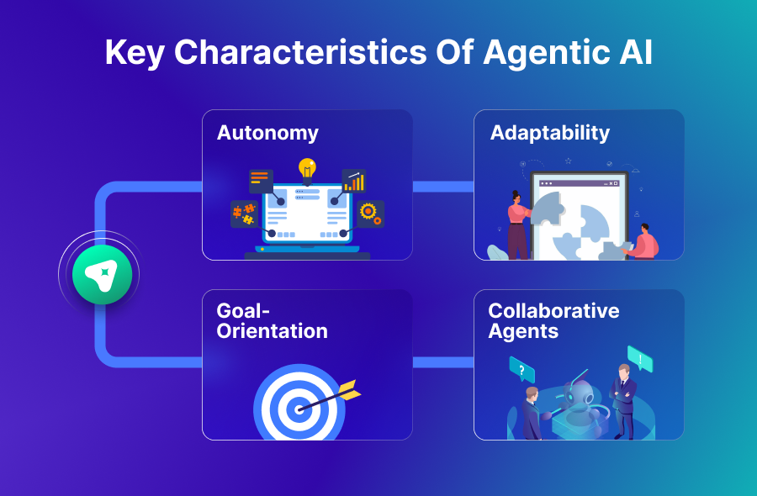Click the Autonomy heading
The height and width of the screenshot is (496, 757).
(x=267, y=133)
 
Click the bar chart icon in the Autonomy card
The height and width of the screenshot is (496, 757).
(x=354, y=181)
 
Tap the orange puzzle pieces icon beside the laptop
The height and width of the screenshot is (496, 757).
(x=244, y=214)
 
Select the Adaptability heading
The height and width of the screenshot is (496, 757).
(x=549, y=133)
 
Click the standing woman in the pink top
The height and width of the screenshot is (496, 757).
(x=517, y=222)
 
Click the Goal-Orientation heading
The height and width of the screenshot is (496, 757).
(x=272, y=320)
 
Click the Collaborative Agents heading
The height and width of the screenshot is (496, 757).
(x=553, y=320)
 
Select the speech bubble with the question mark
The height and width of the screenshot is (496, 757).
(x=521, y=369)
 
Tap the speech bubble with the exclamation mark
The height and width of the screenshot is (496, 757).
(x=640, y=359)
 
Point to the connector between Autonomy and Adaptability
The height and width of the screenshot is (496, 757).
(x=442, y=186)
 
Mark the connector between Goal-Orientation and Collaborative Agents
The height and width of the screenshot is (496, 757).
(x=442, y=362)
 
